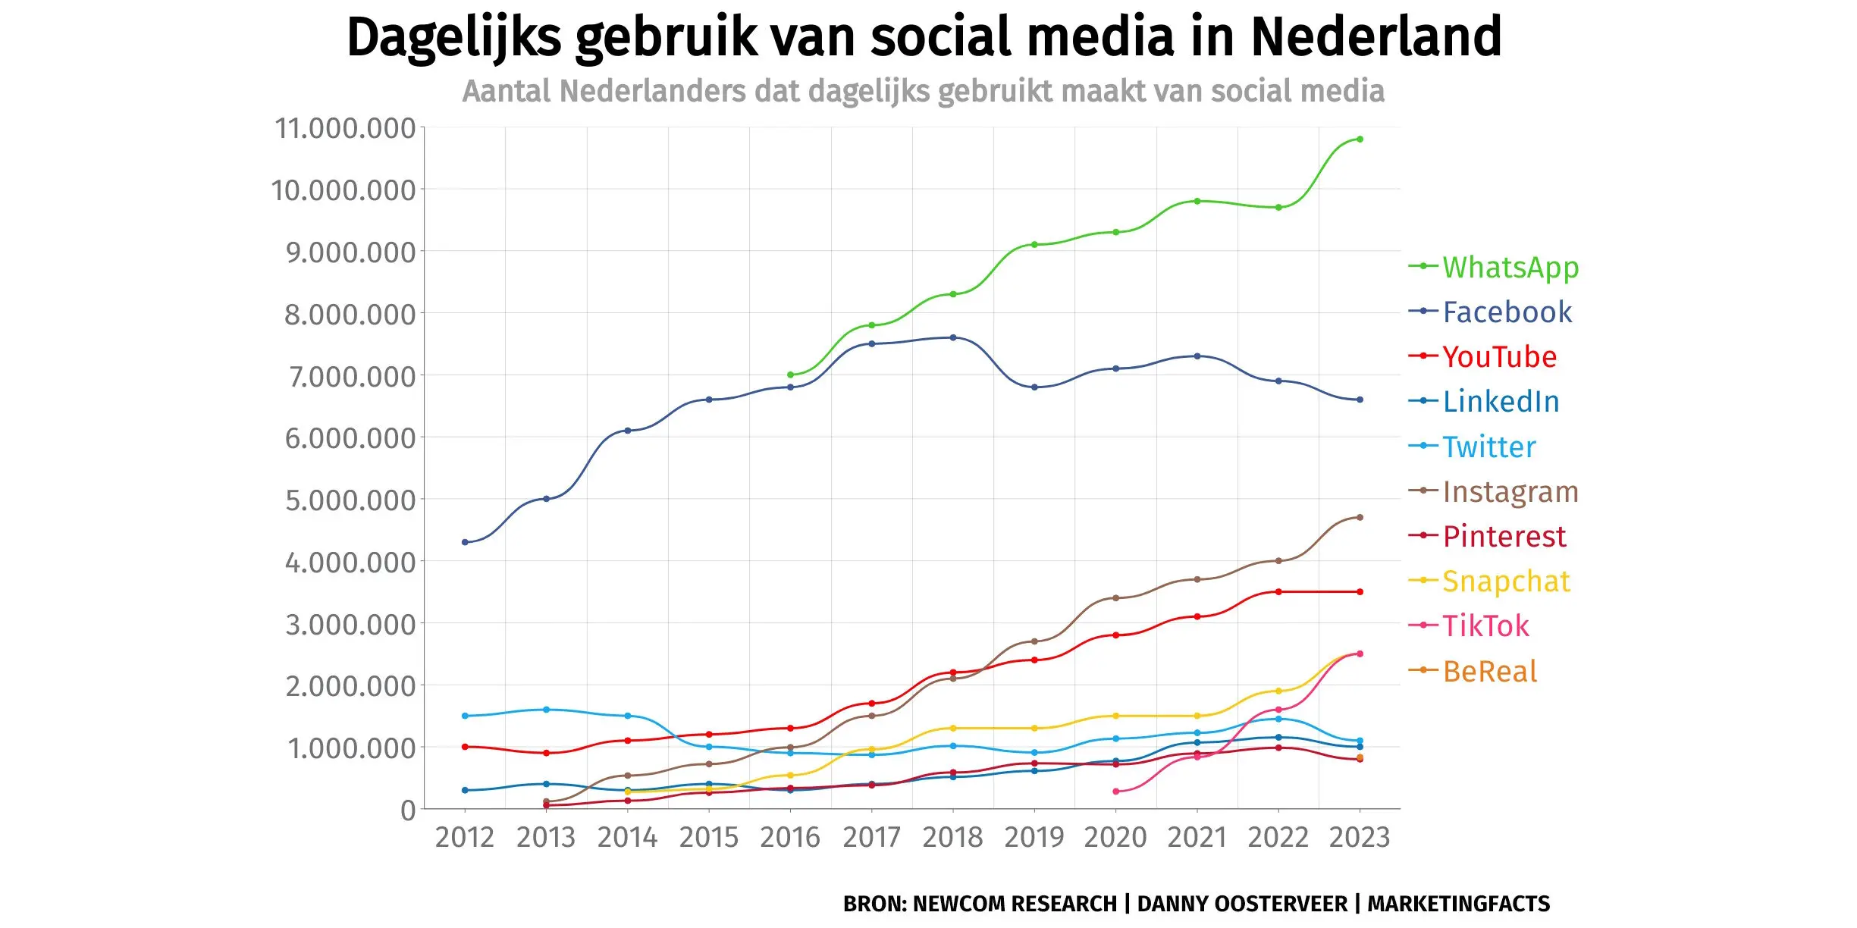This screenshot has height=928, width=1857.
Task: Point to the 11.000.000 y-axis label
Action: pyautogui.click(x=345, y=128)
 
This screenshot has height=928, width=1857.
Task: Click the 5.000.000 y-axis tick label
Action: pyautogui.click(x=350, y=500)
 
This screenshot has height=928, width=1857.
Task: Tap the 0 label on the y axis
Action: pyautogui.click(x=408, y=810)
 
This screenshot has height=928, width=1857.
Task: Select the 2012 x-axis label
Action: pyautogui.click(x=464, y=838)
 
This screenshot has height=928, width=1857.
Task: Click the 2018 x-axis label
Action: pyautogui.click(x=952, y=838)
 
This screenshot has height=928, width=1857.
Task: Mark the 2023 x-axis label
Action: pyautogui.click(x=1360, y=838)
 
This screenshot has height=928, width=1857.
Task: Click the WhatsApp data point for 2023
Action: pyautogui.click(x=1360, y=140)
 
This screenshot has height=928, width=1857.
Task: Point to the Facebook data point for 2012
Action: pyautogui.click(x=465, y=542)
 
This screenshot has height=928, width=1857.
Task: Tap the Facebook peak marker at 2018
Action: pyautogui.click(x=953, y=337)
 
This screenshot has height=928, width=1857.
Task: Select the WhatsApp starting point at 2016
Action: pyautogui.click(x=790, y=375)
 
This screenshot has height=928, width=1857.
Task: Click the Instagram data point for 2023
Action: pyautogui.click(x=1360, y=517)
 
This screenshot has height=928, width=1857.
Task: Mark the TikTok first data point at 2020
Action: pyautogui.click(x=1115, y=792)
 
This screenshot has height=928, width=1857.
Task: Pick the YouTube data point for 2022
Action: pyautogui.click(x=1278, y=591)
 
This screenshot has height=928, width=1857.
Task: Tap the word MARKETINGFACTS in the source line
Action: pyautogui.click(x=1458, y=904)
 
